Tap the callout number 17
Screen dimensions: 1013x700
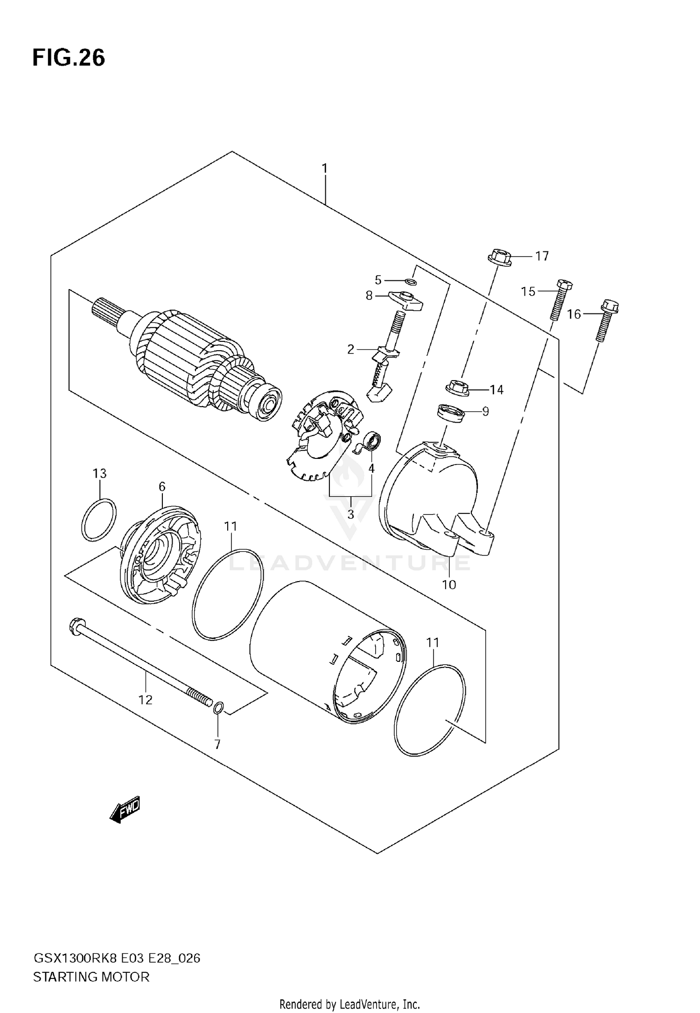point(541,256)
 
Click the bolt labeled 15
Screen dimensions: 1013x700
point(559,300)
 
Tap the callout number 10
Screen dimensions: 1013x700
point(448,584)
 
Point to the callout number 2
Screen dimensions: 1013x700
point(350,349)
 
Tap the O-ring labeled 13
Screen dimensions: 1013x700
point(99,520)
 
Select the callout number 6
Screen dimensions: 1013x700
point(161,486)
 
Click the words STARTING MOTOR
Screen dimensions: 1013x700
point(91,977)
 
